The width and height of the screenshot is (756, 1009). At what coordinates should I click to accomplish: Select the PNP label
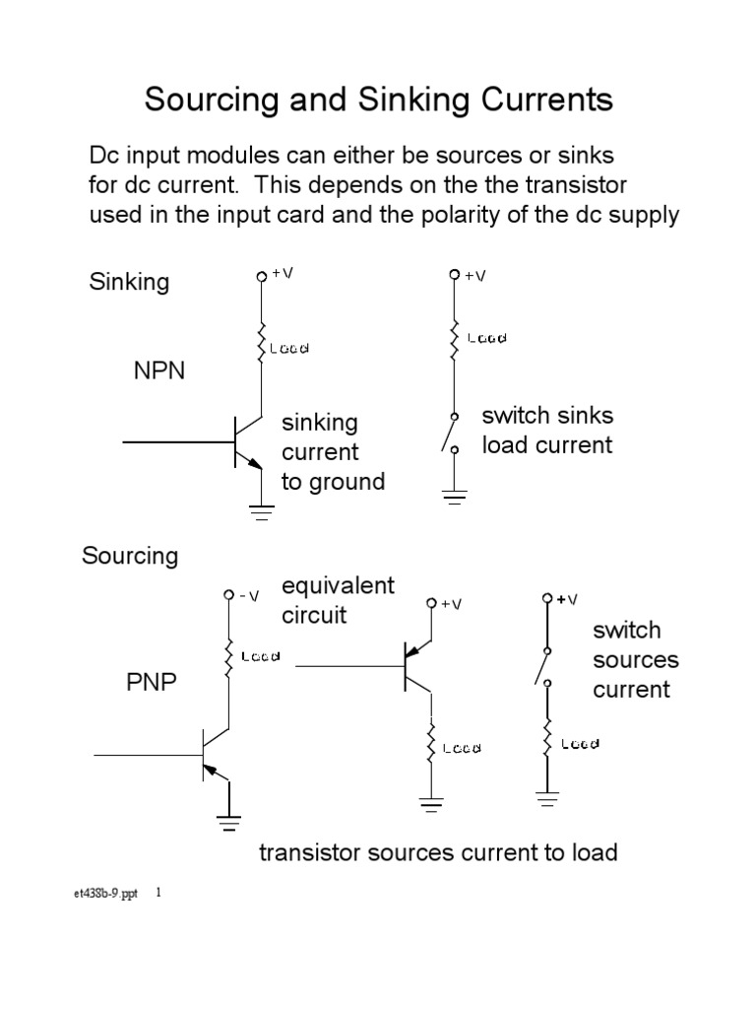pos(151,682)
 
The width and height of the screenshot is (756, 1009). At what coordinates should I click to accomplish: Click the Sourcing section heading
pos(129,556)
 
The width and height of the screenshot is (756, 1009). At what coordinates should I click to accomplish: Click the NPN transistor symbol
pos(245,442)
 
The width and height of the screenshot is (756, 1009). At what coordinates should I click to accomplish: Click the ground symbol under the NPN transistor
pos(262,509)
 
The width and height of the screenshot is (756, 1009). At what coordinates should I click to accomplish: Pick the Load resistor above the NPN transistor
pos(262,346)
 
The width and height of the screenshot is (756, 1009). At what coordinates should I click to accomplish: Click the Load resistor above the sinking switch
pos(454,338)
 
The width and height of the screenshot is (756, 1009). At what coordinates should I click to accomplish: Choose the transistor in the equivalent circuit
pos(414,666)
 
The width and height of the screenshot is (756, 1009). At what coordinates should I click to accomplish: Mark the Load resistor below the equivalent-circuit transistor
pos(430,747)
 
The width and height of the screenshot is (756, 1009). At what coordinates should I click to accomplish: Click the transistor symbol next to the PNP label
pos(210,755)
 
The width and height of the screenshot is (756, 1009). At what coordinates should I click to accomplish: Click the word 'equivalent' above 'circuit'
pos(338,586)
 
